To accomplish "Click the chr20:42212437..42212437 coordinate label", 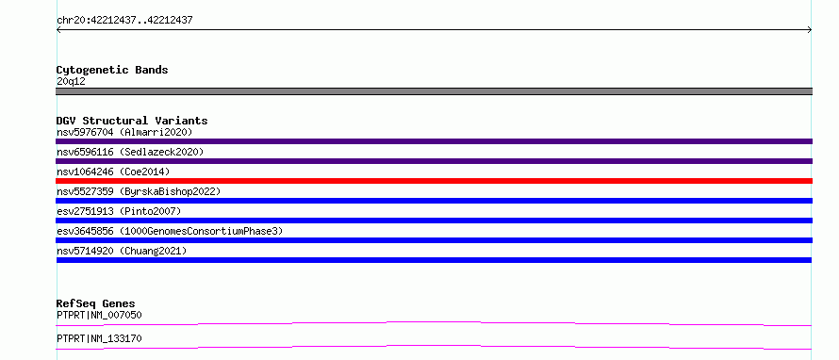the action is (124, 21).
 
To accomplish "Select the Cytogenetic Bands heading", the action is (112, 70).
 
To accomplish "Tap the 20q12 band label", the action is (71, 82).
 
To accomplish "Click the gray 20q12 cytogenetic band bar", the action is (434, 91).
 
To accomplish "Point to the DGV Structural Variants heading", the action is (132, 121).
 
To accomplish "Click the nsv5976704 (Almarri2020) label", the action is (124, 132).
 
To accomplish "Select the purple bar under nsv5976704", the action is (434, 141).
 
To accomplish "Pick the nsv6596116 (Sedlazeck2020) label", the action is (130, 152).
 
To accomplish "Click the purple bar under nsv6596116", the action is (434, 161).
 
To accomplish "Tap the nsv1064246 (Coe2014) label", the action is (113, 172).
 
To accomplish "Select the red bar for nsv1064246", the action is (434, 181).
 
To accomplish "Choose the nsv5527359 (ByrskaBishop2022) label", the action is (139, 191).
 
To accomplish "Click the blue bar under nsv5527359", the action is (434, 201).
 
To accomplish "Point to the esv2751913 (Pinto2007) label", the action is (119, 211).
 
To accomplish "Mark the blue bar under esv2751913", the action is (434, 221).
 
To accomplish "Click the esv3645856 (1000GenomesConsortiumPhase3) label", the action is (170, 231).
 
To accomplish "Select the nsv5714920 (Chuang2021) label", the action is (122, 251).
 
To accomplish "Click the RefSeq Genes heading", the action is (96, 303).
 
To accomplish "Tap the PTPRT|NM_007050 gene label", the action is (99, 315).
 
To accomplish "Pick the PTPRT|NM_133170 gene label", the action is (99, 338).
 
